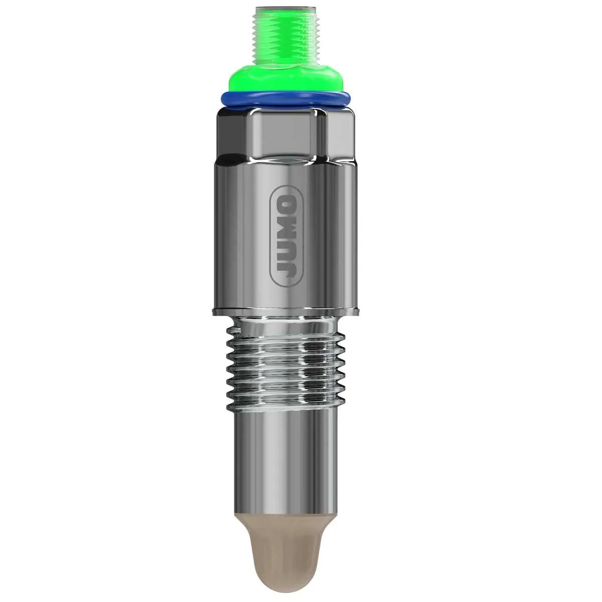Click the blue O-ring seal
click(x=285, y=100)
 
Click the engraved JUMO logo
click(x=286, y=236)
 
